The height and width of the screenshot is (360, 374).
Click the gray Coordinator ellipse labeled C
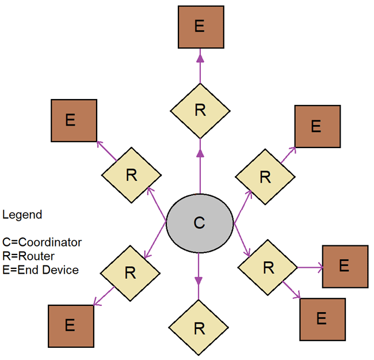tap(199, 223)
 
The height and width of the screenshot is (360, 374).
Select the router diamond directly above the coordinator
tap(200, 111)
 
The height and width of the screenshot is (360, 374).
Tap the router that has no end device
tap(199, 328)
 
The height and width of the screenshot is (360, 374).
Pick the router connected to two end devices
tap(268, 267)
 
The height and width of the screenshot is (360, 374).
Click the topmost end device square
tap(200, 28)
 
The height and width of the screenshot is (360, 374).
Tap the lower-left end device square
tap(70, 325)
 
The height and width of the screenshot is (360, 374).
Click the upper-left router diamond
tap(131, 176)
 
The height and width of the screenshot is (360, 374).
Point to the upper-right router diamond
tap(265, 177)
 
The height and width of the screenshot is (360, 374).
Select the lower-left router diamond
tap(130, 272)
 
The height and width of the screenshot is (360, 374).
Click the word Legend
tap(22, 215)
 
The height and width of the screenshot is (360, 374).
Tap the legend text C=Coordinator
tap(42, 242)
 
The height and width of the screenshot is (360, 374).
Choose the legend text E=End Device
tap(40, 269)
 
